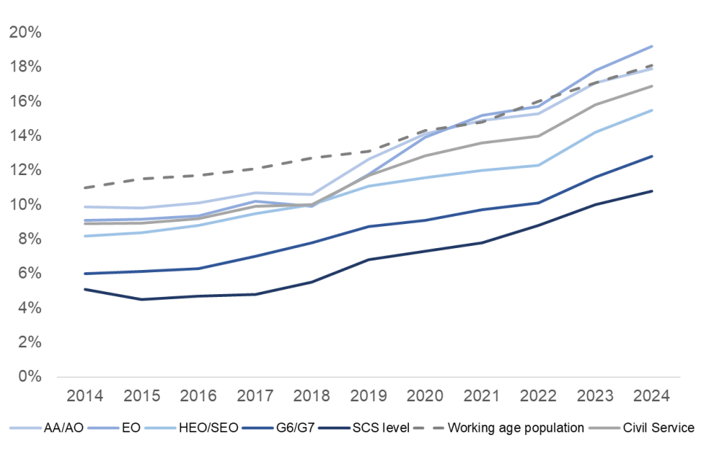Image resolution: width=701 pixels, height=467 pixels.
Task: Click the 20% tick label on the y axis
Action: (25, 33)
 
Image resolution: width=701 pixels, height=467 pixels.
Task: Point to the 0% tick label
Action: (28, 377)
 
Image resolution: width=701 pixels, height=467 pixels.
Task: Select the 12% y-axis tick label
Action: (25, 170)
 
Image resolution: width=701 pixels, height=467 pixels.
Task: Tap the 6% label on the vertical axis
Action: (28, 274)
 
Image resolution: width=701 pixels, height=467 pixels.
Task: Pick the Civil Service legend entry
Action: (657, 428)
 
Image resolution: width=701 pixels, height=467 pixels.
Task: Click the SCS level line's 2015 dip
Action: (142, 299)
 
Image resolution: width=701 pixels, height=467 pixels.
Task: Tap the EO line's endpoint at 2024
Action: (651, 46)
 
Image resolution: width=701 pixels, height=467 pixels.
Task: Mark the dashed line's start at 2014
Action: (85, 188)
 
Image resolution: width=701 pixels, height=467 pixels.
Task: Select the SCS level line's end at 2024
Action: (651, 191)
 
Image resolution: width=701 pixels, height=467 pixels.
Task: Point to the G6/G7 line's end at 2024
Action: (651, 156)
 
